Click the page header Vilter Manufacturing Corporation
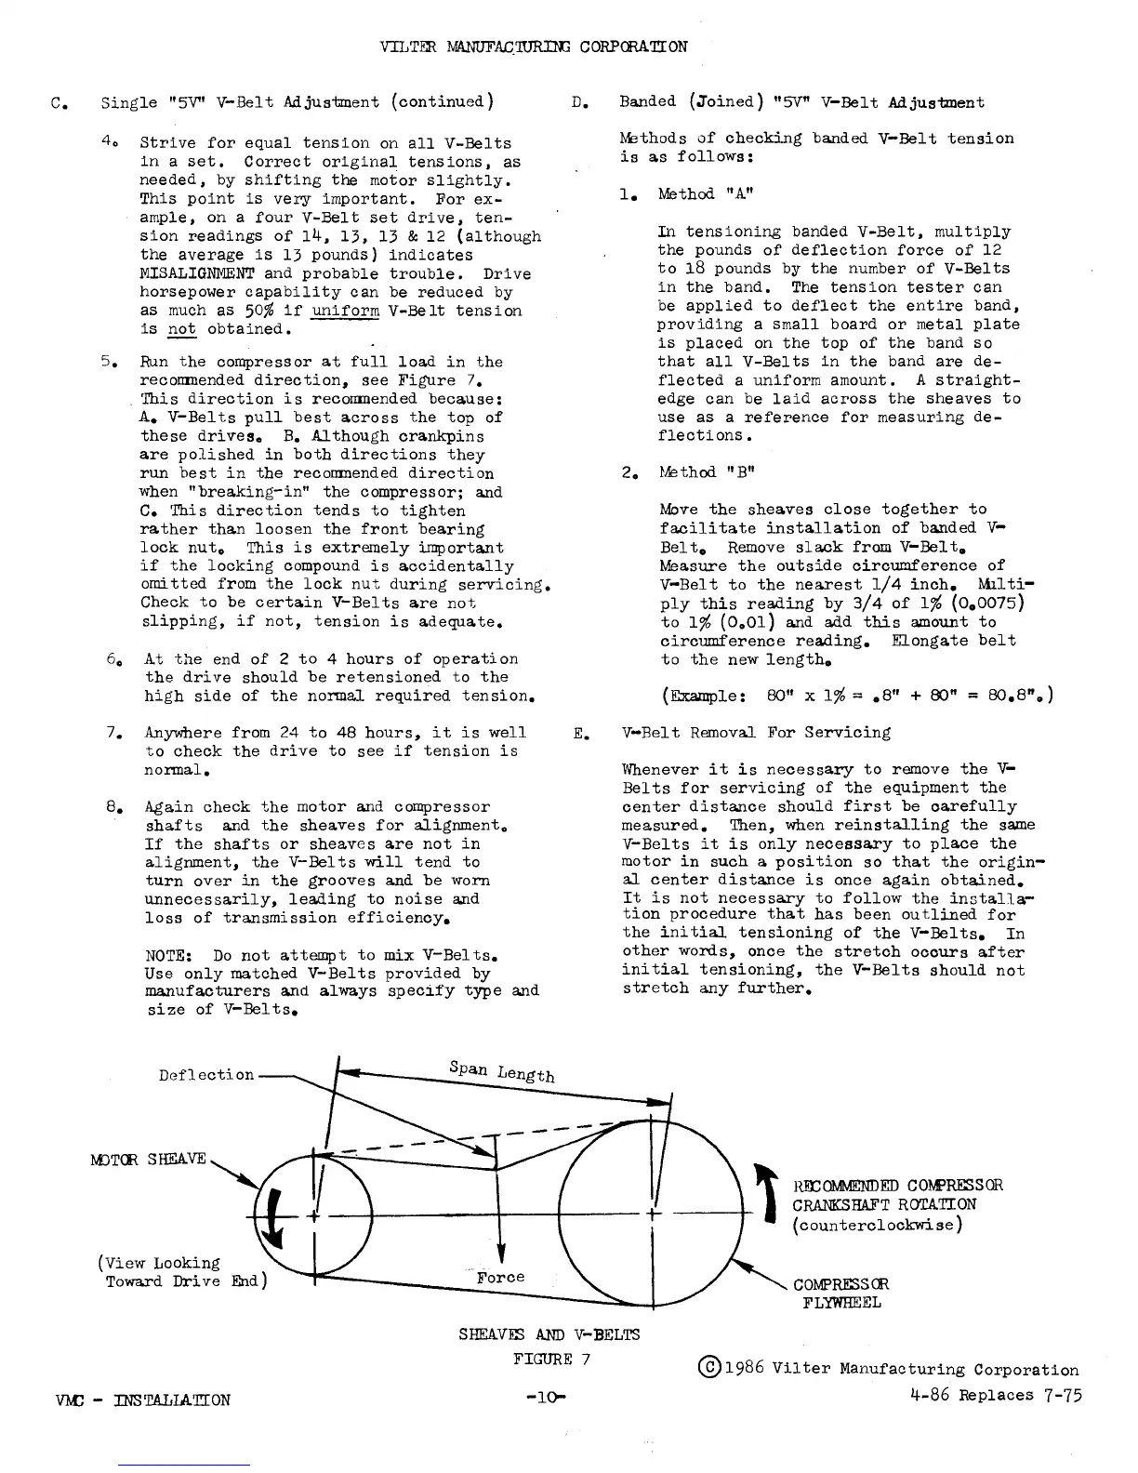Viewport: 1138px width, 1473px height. coord(534,46)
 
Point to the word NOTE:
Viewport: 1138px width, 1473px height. coord(170,955)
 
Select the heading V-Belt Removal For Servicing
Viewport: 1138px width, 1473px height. coord(756,733)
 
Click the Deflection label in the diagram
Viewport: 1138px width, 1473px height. coord(205,1075)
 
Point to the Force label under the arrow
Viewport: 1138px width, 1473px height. coord(500,1278)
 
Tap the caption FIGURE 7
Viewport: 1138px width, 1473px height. coord(551,1359)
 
